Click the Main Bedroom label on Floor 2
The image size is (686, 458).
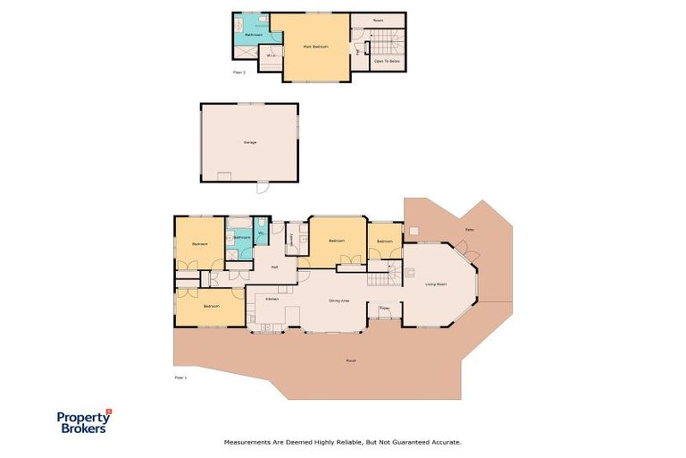[x=315, y=46]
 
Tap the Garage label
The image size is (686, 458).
[x=249, y=142]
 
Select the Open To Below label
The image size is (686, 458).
[x=386, y=62]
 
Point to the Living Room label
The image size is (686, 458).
[x=436, y=284]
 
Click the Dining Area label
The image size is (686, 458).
[x=339, y=301]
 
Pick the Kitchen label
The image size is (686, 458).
[x=272, y=298]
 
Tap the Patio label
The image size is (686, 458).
[x=469, y=230]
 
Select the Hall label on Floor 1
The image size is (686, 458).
[x=274, y=267]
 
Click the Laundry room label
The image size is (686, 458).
[x=292, y=239]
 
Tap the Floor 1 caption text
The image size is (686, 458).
[x=181, y=378]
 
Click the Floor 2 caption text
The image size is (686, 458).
[x=238, y=71]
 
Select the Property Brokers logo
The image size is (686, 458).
[x=84, y=421]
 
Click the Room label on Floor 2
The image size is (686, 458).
[x=377, y=19]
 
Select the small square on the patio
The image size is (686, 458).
[x=414, y=230]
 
